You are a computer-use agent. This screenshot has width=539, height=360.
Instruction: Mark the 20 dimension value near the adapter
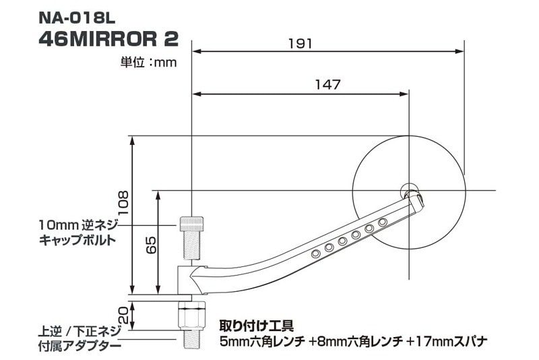pyautogui.click(x=123, y=314)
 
